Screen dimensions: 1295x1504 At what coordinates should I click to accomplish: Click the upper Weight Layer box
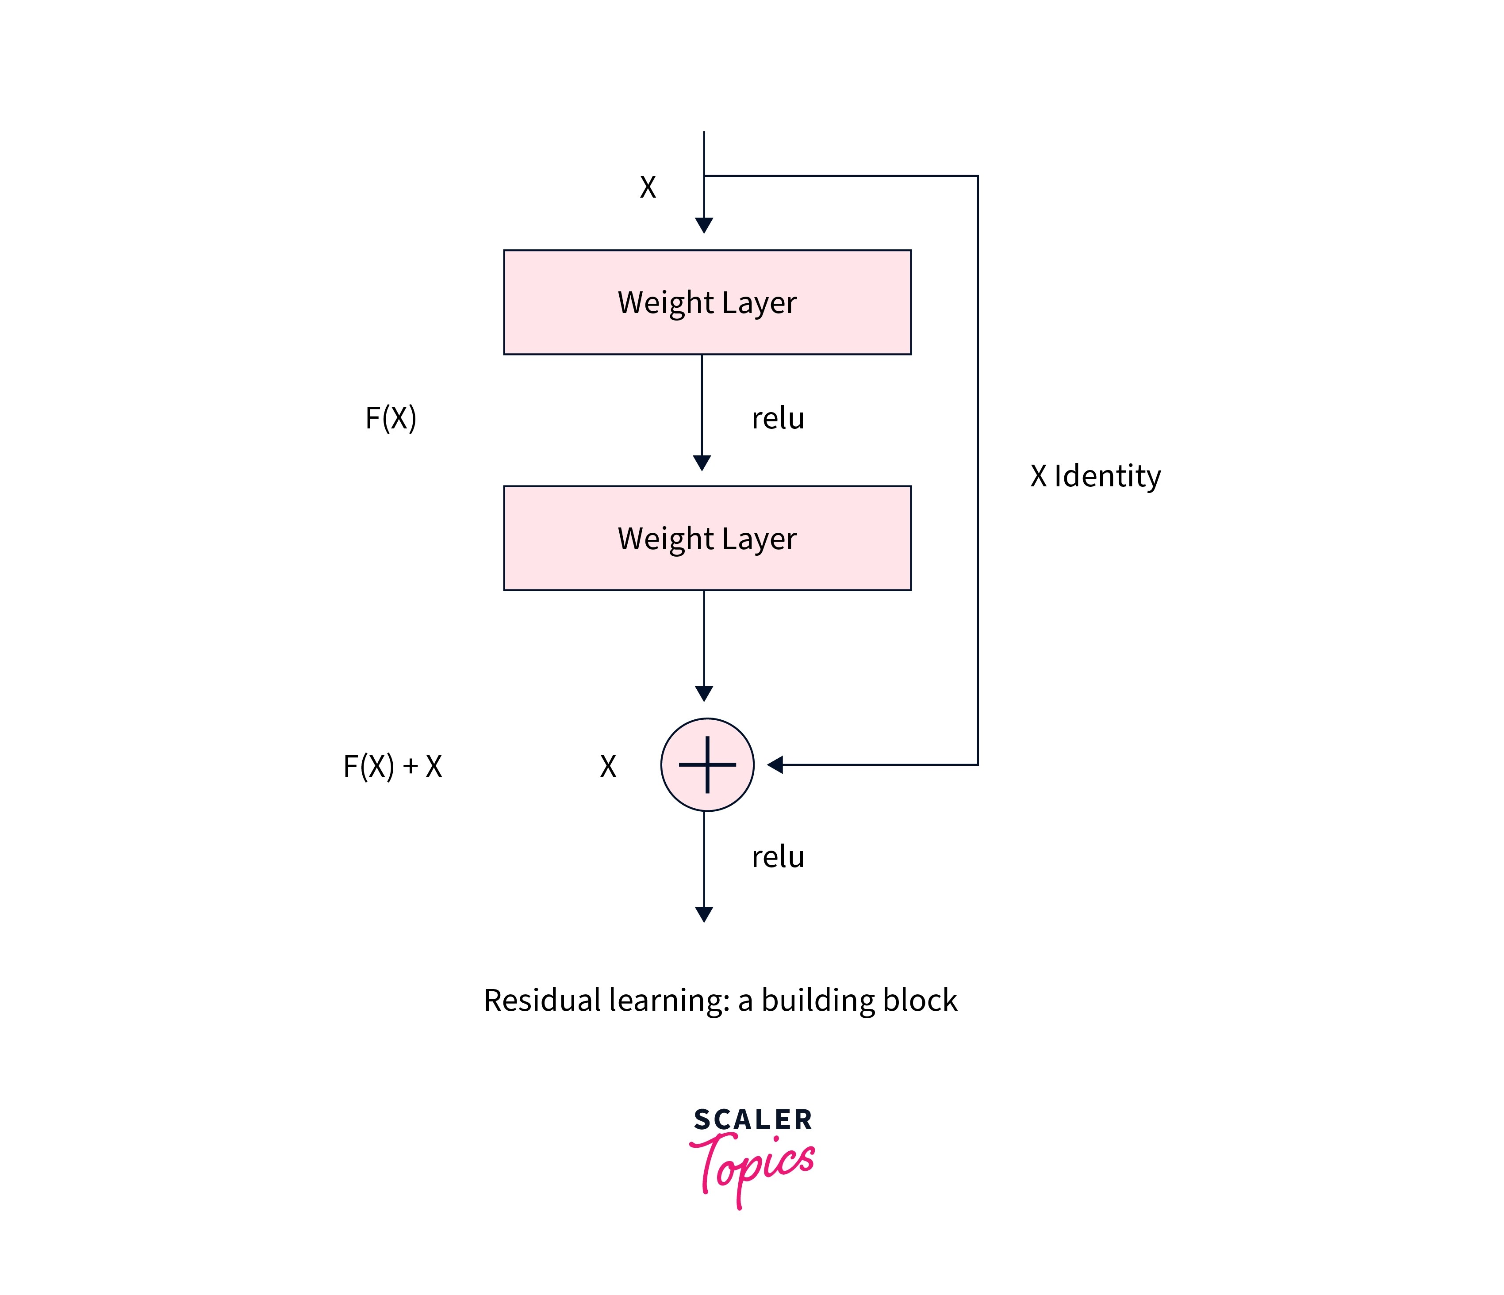(707, 302)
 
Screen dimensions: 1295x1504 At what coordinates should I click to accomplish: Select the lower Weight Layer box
(707, 539)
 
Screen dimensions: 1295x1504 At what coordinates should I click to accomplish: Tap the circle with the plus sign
(707, 765)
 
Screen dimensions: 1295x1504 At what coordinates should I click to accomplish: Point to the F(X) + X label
(392, 766)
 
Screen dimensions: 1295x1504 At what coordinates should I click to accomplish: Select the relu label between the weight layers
(777, 419)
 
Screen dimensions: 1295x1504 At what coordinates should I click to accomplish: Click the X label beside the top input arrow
(648, 187)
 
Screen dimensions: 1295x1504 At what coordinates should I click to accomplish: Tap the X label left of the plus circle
(607, 766)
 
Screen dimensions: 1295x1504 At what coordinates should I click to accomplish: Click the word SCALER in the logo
(753, 1119)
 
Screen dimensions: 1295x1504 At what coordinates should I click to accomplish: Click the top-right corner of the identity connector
(978, 176)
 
